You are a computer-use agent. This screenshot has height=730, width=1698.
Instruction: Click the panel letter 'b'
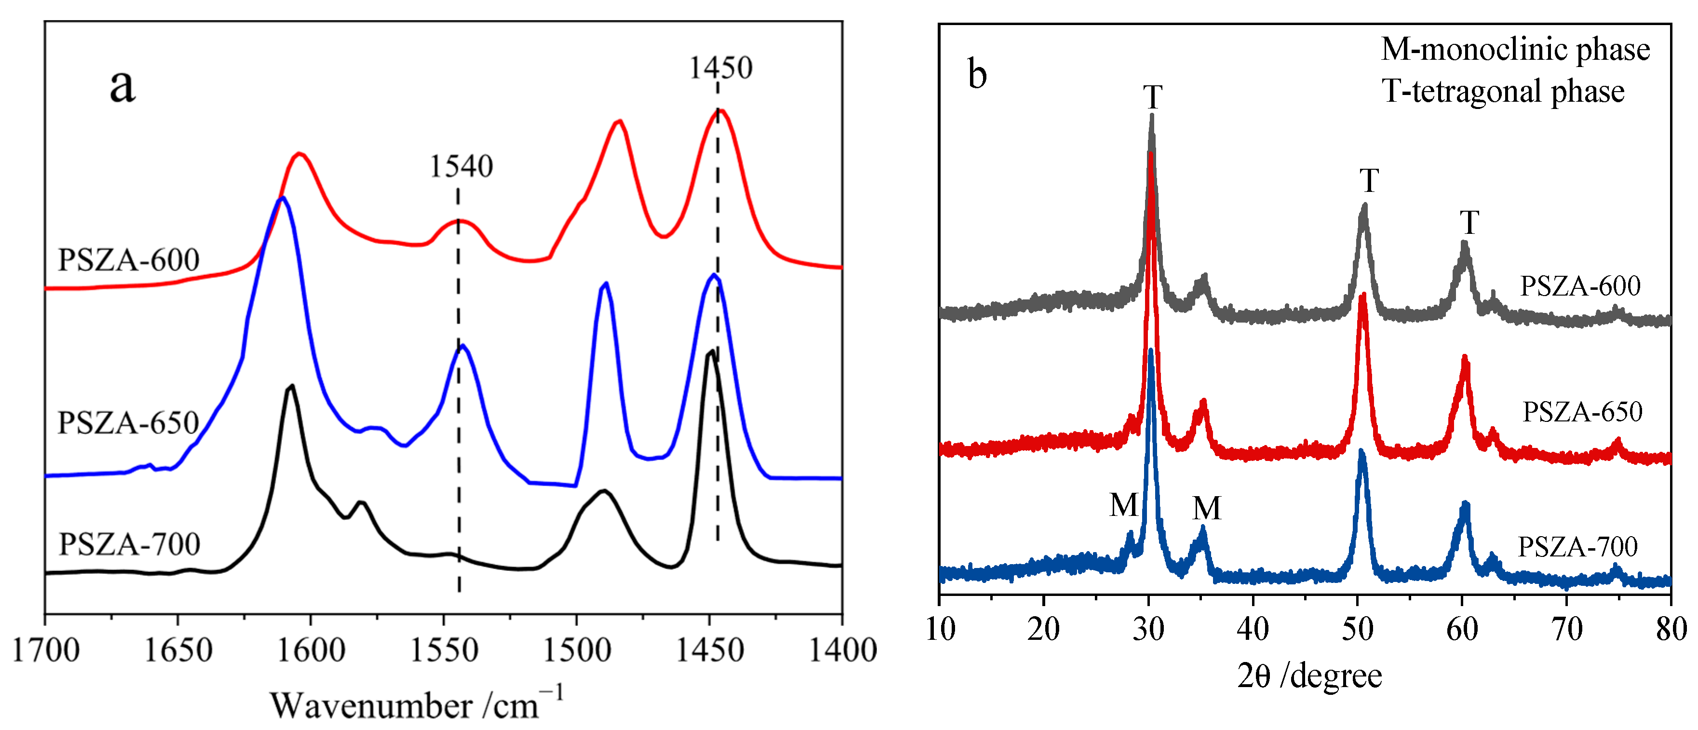pos(977,73)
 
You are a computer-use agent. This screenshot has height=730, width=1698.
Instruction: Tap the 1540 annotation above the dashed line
pos(461,166)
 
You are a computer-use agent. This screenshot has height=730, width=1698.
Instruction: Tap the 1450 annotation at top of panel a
pos(720,68)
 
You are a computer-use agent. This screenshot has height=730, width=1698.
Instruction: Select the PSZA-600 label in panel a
pos(129,260)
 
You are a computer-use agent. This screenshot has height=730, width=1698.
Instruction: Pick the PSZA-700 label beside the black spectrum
pos(129,544)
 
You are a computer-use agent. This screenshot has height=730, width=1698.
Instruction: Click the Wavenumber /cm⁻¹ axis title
pos(417,704)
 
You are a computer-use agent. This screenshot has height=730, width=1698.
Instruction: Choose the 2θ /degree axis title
pos(1309,676)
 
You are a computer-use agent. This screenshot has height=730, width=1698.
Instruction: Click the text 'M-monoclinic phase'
pos(1515,50)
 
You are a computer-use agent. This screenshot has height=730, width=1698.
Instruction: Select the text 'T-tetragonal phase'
pos(1503,91)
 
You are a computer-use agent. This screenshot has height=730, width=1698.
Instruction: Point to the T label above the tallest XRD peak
pos(1152,97)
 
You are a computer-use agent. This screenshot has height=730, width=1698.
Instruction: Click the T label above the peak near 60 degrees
pos(1469,223)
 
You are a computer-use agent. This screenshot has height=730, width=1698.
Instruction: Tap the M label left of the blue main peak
pos(1123,506)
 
